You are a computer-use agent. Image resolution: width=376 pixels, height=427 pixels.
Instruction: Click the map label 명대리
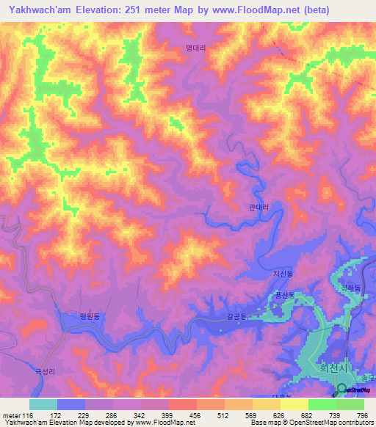[x=196, y=48]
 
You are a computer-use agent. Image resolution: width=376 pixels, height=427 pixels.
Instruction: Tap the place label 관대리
[x=259, y=208]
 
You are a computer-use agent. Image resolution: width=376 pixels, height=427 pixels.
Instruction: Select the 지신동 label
[x=283, y=274]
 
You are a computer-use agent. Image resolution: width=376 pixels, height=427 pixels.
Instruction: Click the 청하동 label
[x=352, y=289]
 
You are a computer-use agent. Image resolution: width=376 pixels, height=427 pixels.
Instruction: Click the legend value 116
[x=26, y=415]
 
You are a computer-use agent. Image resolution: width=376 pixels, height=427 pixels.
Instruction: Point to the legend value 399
[x=167, y=415]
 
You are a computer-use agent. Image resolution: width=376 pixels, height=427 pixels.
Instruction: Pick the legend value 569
[x=251, y=415]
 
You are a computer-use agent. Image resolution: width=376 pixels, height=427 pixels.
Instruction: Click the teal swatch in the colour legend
[x=43, y=404]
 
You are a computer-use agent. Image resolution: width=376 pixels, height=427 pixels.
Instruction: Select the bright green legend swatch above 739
[x=322, y=404]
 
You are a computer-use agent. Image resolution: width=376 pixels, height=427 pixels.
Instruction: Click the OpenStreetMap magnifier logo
[x=341, y=390]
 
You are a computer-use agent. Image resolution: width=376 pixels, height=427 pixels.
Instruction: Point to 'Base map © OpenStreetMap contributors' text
[x=311, y=423]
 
